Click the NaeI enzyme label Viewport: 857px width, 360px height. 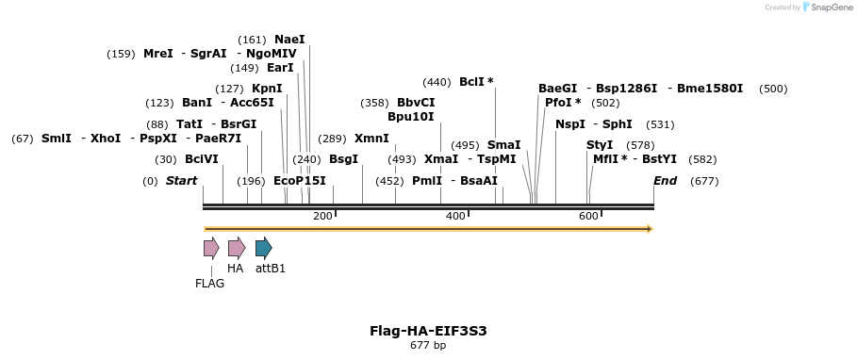289,40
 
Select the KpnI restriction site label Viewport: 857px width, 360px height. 267,89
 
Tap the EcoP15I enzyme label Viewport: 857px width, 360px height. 299,181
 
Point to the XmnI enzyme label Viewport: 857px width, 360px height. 371,139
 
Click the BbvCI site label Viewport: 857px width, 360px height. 416,103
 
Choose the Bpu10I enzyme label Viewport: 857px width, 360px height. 411,117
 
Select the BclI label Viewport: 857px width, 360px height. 472,82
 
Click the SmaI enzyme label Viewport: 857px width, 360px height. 503,145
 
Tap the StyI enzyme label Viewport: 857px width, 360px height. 600,145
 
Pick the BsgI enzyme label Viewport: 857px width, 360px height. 343,159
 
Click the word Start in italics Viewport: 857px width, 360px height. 181,181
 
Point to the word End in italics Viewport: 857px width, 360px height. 666,181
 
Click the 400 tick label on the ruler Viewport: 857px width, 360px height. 455,217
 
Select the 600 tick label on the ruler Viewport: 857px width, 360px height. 588,217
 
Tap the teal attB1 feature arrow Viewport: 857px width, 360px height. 264,249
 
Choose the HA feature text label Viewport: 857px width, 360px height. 236,269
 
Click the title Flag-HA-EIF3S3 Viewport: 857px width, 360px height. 428,331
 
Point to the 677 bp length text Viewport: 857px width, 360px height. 428,346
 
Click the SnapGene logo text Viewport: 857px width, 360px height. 830,8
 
